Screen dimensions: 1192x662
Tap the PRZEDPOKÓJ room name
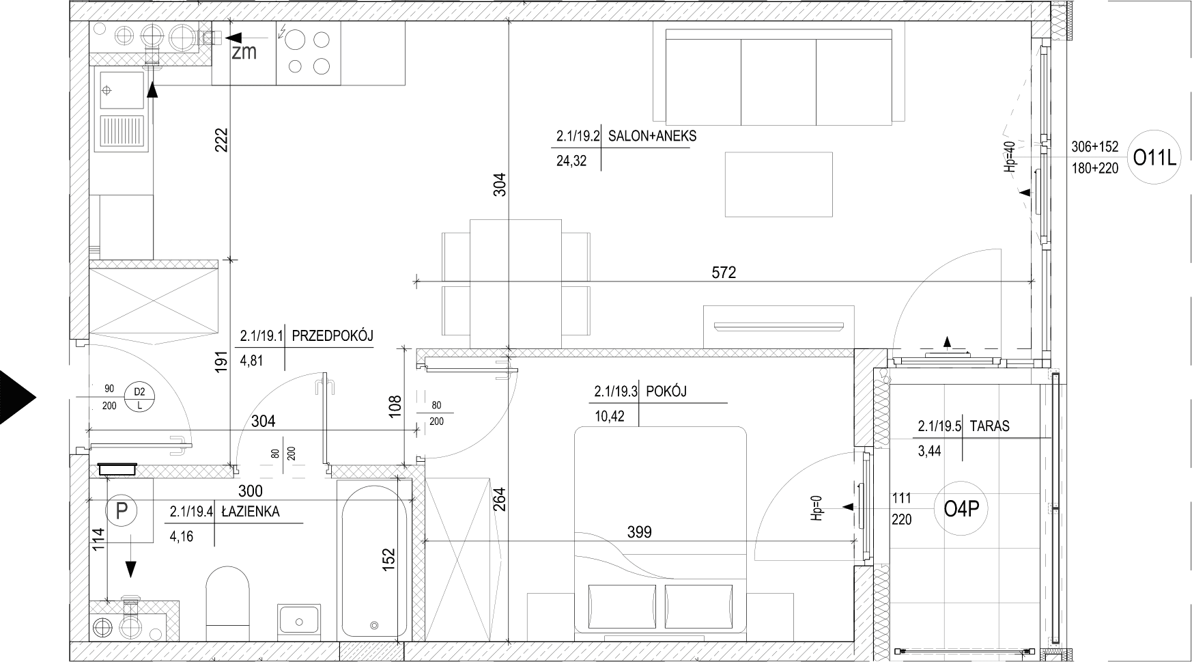(x=332, y=335)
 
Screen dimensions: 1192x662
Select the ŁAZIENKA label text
(x=250, y=512)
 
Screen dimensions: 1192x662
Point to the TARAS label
(x=989, y=426)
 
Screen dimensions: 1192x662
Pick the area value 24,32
(x=571, y=161)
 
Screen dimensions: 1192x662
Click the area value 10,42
(x=610, y=417)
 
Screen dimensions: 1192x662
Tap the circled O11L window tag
(x=1155, y=158)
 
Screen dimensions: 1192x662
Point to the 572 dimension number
(x=724, y=273)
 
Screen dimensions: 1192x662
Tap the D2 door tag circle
(x=139, y=398)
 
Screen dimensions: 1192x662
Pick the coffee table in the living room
(x=779, y=184)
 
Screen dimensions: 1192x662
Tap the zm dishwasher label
(x=244, y=52)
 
